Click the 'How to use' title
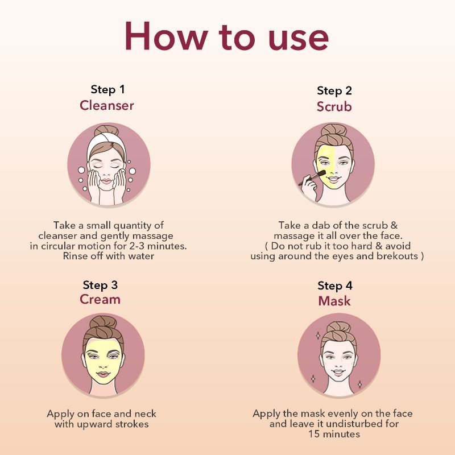(x=226, y=37)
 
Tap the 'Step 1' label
(x=107, y=89)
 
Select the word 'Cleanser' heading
(x=107, y=105)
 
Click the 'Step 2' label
(x=334, y=91)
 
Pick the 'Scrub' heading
(x=334, y=107)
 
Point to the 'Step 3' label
(x=100, y=284)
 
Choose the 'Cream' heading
(x=100, y=300)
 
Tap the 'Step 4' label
(x=335, y=286)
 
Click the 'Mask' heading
(x=334, y=301)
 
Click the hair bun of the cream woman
(x=103, y=323)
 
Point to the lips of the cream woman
(x=103, y=373)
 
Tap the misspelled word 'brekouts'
(x=400, y=256)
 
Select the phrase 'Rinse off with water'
(x=109, y=256)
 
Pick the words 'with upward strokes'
(x=101, y=424)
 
